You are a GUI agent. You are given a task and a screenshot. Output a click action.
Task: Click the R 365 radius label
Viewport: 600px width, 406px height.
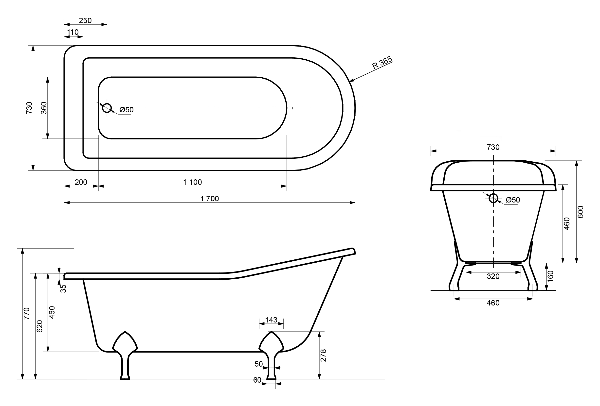point(382,63)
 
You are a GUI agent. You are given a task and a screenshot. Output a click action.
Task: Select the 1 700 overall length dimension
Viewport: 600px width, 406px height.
point(210,199)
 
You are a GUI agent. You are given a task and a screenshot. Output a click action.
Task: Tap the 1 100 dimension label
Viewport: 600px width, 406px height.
point(192,182)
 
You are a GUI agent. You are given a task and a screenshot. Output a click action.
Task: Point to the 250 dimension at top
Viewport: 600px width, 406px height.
point(85,20)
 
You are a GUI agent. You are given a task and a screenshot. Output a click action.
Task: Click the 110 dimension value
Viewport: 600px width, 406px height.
point(73,32)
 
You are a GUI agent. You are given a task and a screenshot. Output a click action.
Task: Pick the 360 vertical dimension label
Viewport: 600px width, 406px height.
point(44,108)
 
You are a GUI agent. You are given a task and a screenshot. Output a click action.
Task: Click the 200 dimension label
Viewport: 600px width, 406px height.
point(81,182)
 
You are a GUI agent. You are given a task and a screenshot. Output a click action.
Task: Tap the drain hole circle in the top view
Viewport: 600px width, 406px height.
point(107,108)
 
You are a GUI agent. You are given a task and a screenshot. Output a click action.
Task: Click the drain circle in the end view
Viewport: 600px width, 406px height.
point(493,198)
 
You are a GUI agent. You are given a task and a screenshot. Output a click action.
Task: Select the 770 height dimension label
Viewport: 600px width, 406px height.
point(27,313)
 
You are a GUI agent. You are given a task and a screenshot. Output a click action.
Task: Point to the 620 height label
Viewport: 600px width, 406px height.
point(39,326)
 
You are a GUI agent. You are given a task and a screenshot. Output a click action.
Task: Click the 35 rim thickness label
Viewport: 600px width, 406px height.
point(63,288)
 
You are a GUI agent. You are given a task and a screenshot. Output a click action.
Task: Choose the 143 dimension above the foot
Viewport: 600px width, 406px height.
point(271,320)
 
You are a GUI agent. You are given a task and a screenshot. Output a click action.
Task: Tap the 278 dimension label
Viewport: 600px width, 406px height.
point(323,355)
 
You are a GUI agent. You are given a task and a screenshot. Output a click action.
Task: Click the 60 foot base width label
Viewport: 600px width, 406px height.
point(257,380)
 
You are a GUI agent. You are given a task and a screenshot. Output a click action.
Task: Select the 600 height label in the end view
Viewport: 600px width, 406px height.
point(580,212)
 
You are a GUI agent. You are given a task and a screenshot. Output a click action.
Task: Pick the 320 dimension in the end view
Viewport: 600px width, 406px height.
point(493,276)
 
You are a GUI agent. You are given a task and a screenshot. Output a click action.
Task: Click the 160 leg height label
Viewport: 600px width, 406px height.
point(550,276)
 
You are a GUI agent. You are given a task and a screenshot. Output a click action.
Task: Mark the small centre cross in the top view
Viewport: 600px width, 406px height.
point(292,108)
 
